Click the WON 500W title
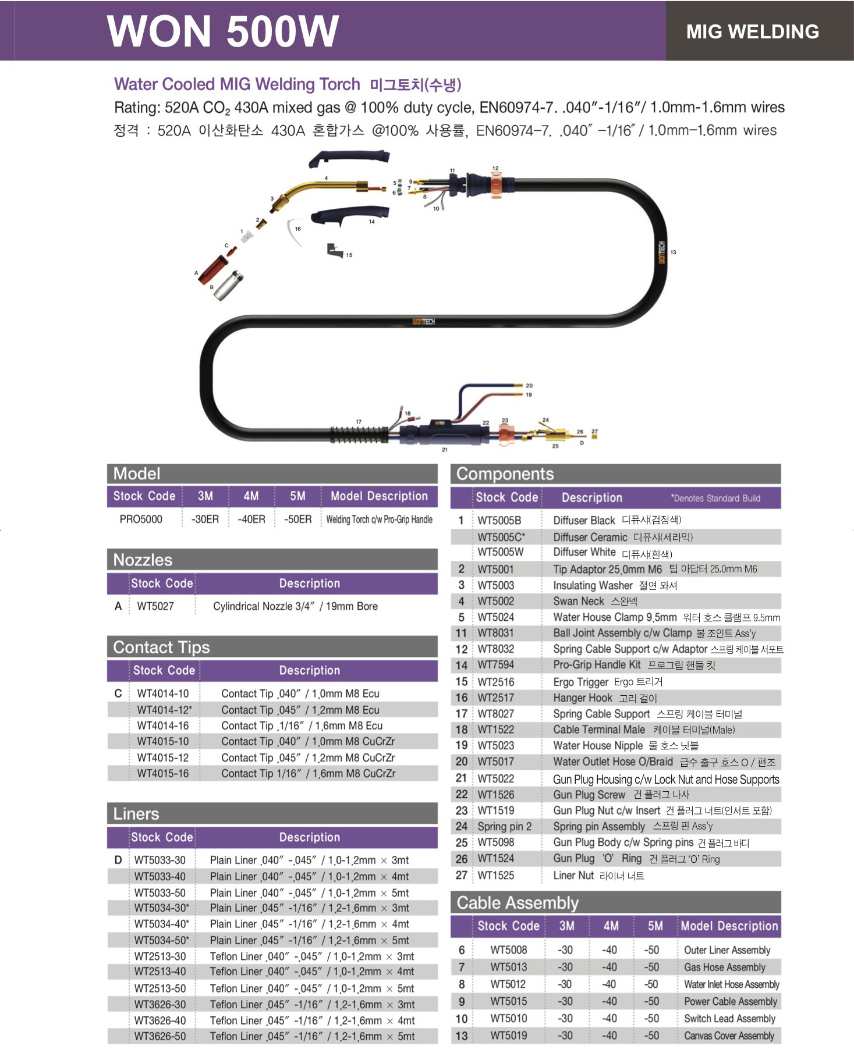[223, 31]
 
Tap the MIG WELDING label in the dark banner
[752, 31]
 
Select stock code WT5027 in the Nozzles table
[155, 606]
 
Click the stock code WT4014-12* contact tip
[164, 710]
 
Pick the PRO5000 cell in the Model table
[141, 519]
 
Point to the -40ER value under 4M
[251, 519]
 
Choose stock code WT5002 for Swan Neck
[496, 601]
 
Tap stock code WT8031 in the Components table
[496, 633]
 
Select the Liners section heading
[136, 813]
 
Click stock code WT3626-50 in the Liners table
[160, 1036]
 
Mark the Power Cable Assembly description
[731, 1001]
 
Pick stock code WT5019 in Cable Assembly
[509, 1036]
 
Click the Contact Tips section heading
[161, 647]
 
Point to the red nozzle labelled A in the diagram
[212, 269]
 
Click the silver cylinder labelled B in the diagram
[229, 285]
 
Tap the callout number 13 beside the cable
[673, 252]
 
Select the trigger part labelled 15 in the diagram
[334, 251]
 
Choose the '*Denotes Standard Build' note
[715, 498]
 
